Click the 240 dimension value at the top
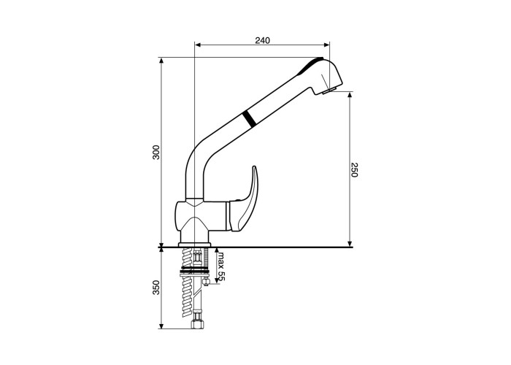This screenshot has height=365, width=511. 262,40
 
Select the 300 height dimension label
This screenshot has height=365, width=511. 156,152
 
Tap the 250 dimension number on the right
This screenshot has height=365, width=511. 354,169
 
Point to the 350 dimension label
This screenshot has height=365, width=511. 156,288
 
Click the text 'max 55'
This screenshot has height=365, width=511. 222,266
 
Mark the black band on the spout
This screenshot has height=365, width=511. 250,118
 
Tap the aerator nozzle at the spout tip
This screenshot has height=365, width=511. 330,91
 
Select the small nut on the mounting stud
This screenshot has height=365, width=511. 206,281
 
